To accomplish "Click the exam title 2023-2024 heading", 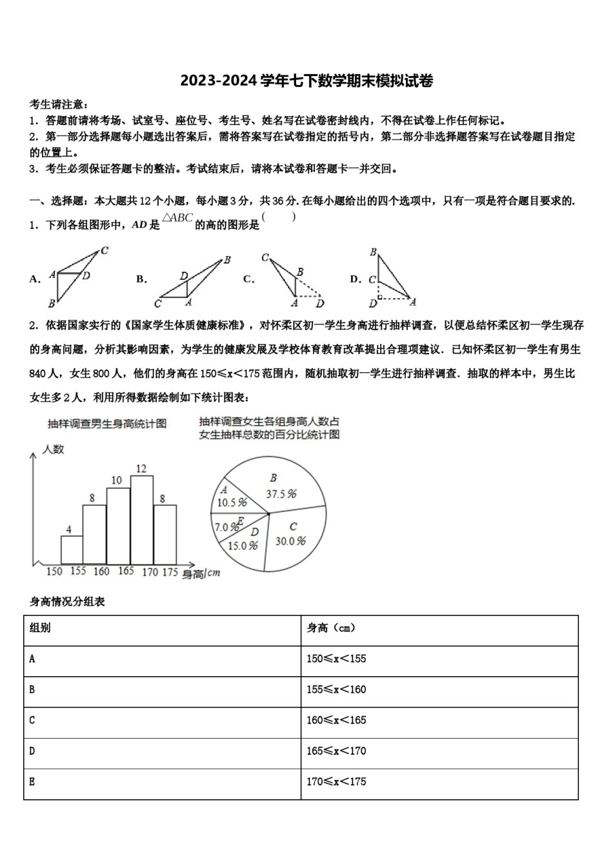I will pos(306,81).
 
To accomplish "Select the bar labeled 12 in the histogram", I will pos(142,519).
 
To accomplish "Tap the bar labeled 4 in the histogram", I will pos(72,550).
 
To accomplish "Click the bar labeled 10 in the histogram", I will pos(118,526).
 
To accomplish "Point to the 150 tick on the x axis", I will pos(54,572).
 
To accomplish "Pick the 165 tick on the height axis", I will pos(126,571).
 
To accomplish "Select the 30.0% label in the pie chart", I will pos(290,541).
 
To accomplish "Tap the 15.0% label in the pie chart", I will pos(243,546).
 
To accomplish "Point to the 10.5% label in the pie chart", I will pos(232,503).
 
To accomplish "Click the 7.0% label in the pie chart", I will pos(226,527).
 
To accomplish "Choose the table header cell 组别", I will pos(40,628).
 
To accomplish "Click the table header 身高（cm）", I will pos(331,628).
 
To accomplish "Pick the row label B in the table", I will pos(32,690).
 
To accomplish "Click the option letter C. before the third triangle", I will pos(248,279).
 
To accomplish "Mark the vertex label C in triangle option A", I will pos(105,251).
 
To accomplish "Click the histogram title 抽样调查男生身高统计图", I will pos(107,424).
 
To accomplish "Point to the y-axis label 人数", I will pos(53,449).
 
